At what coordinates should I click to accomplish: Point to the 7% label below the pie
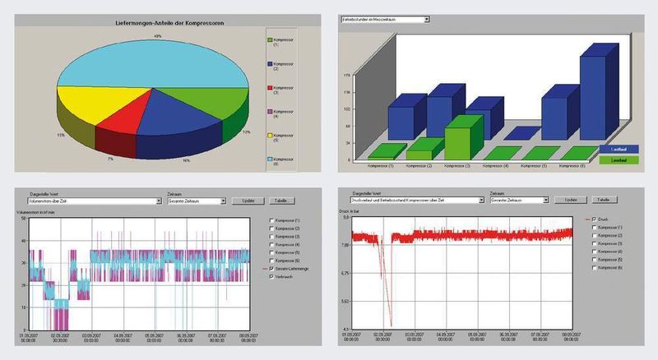109,157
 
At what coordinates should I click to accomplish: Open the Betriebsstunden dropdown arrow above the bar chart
426,17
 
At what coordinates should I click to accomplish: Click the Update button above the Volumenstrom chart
248,200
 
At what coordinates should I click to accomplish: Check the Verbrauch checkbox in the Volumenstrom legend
272,278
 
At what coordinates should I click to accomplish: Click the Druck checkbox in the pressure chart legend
595,219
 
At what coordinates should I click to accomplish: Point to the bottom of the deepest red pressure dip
390,326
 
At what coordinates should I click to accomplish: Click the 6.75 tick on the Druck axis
346,274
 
